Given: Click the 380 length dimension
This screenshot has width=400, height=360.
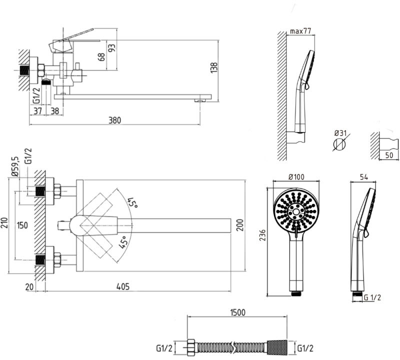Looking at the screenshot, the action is pos(115,120).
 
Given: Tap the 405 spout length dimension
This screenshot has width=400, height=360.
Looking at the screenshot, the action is pos(123,286).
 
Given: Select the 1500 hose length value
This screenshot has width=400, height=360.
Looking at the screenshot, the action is pos(237,312).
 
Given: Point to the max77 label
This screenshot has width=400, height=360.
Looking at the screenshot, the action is pos(300,31).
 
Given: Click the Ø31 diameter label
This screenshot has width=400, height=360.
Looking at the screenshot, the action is pos(340,133).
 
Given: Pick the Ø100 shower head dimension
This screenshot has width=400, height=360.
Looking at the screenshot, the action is pos(296,177).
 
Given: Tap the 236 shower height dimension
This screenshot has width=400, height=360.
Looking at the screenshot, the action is pos(263,235).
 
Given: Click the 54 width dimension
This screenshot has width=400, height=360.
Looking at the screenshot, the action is pos(364,177).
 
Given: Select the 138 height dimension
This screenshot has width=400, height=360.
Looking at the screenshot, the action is pos(214,68).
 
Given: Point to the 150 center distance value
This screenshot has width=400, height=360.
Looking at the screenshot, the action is pos(22,225).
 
